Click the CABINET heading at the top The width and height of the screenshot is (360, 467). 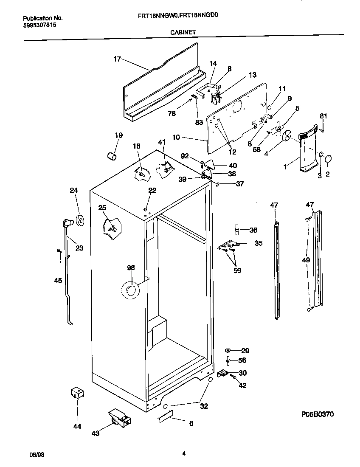click(x=183, y=31)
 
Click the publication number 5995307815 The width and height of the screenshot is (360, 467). click(x=39, y=25)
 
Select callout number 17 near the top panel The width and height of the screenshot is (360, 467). click(x=117, y=59)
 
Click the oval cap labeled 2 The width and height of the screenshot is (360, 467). click(x=329, y=159)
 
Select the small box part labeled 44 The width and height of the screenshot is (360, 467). click(x=76, y=393)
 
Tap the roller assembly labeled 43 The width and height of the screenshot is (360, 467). click(x=120, y=419)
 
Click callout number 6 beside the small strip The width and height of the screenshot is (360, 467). click(x=191, y=423)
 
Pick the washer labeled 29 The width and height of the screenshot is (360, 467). click(x=228, y=351)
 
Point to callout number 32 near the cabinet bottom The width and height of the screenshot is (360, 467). click(x=204, y=406)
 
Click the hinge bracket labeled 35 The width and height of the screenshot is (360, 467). click(x=229, y=245)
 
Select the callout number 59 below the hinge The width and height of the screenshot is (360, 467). click(x=237, y=270)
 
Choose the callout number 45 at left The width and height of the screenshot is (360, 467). click(x=58, y=280)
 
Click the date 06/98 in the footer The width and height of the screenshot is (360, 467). click(x=37, y=454)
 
